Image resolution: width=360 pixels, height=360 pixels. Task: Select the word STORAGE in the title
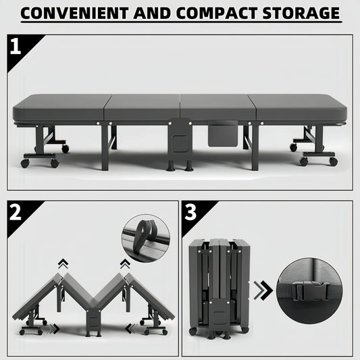[302, 13]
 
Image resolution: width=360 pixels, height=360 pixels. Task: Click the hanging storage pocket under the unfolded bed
[222, 133]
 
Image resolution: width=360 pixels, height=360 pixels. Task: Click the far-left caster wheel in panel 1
[25, 163]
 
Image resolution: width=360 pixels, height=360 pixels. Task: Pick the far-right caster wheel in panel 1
[333, 161]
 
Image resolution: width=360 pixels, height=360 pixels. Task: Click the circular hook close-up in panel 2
[145, 238]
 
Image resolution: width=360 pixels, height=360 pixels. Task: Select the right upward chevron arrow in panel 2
[125, 264]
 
